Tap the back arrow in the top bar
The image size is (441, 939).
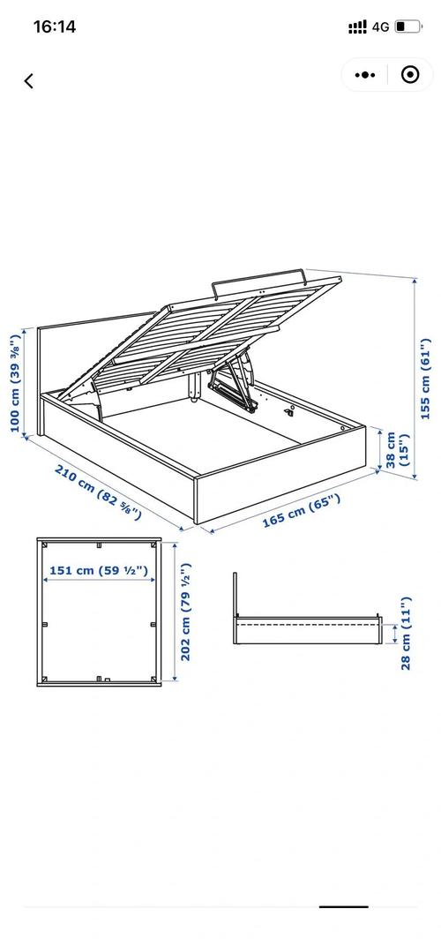(29, 81)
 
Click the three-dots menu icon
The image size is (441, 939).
(365, 75)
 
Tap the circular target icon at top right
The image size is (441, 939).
(410, 75)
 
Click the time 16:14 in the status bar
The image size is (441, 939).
(55, 26)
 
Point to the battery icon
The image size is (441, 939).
(408, 26)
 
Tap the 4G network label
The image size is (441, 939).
(380, 27)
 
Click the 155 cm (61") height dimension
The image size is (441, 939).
(425, 379)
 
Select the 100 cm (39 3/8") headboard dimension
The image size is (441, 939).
(16, 380)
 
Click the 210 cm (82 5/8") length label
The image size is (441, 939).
(99, 491)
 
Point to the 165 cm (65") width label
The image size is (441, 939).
(302, 511)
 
